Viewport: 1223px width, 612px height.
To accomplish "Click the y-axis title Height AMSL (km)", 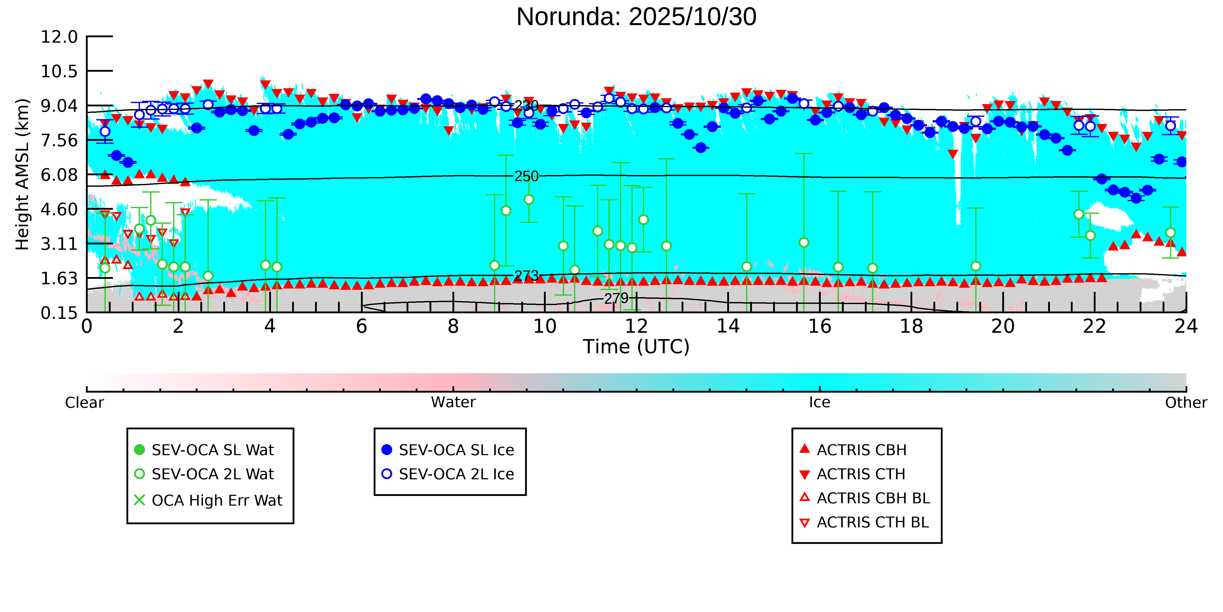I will click(x=22, y=174).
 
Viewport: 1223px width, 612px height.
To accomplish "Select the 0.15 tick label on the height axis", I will click(x=59, y=313).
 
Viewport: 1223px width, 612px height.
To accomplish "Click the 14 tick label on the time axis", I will click(x=728, y=327).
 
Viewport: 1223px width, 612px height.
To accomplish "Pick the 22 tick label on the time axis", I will click(x=1094, y=327).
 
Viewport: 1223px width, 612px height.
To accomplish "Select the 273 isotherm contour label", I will click(x=527, y=276).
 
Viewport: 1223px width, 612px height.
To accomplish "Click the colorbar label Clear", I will click(x=85, y=403).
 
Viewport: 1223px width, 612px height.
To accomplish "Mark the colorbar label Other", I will click(x=1186, y=403).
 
